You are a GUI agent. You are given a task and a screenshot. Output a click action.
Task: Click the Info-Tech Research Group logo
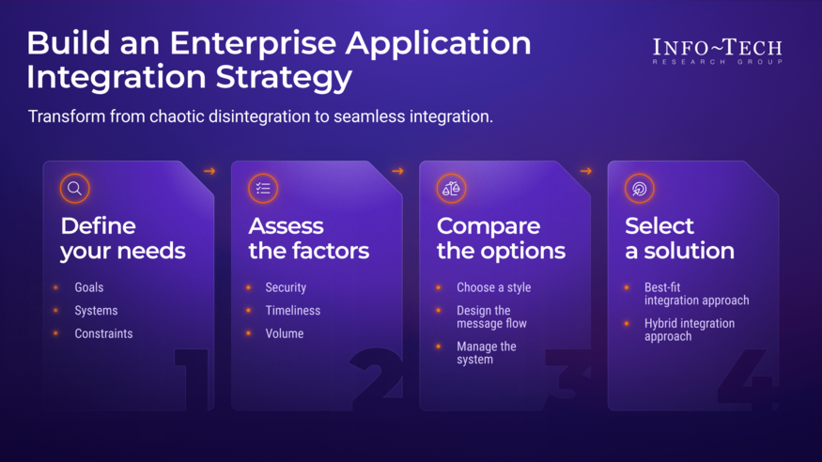click(x=717, y=52)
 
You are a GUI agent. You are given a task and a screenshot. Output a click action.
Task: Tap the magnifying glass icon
click(x=75, y=189)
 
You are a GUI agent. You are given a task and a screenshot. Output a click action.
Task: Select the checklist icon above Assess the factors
click(x=263, y=189)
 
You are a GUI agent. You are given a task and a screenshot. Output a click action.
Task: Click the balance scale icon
click(x=451, y=189)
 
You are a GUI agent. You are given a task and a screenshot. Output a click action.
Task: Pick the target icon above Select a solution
click(x=639, y=189)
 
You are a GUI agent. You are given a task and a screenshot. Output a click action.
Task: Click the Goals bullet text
click(x=89, y=287)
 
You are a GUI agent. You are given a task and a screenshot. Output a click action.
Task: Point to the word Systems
click(x=96, y=311)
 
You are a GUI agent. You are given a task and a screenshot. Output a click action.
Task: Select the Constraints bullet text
click(x=103, y=333)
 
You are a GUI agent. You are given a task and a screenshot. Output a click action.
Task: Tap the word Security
click(x=286, y=287)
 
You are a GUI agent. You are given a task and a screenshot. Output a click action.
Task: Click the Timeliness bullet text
click(x=292, y=311)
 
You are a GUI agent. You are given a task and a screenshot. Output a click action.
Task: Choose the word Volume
click(x=284, y=333)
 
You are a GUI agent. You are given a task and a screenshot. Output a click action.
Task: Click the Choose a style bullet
click(x=493, y=287)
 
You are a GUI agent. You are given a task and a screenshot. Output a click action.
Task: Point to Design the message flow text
click(x=491, y=317)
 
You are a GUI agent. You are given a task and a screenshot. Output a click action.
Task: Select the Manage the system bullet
click(x=487, y=353)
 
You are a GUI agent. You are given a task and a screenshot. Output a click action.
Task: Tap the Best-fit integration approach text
click(x=696, y=294)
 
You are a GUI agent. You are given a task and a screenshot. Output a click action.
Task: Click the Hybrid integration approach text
click(x=690, y=330)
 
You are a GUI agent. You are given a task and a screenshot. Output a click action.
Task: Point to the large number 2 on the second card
click(x=377, y=380)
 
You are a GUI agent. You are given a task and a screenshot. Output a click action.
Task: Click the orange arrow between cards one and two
click(x=209, y=171)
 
